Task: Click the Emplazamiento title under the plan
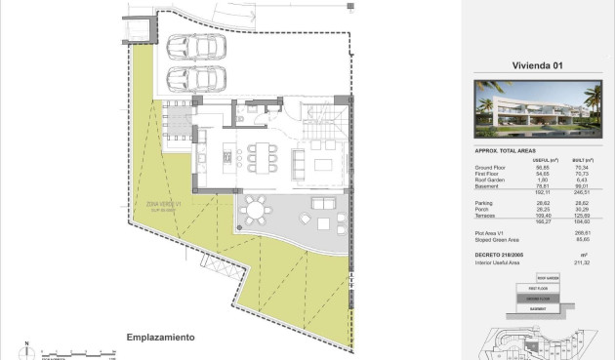(x=160, y=337)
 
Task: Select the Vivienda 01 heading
(x=538, y=67)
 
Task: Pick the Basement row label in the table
(x=488, y=184)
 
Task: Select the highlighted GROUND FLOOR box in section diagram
(x=535, y=298)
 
